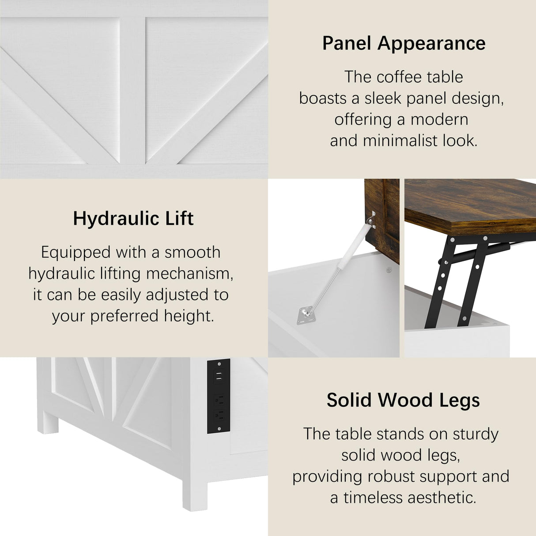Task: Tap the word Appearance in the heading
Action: (x=431, y=43)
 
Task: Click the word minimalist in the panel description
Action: (x=400, y=140)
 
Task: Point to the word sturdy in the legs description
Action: (x=476, y=434)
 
